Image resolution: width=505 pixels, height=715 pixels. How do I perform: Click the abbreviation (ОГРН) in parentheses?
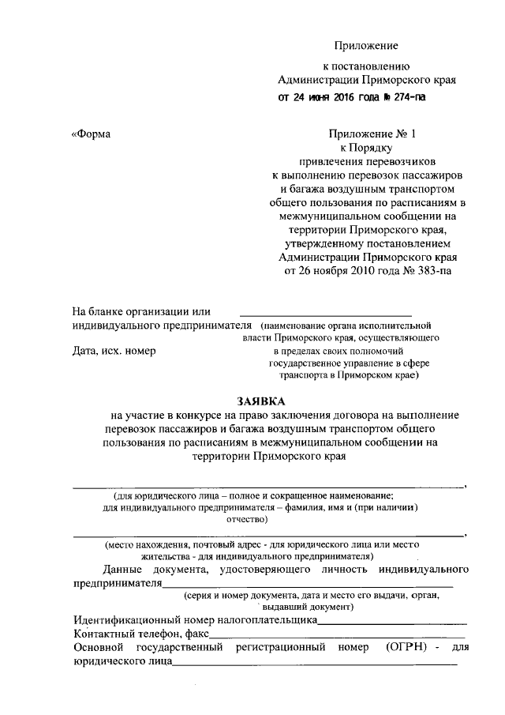(x=408, y=647)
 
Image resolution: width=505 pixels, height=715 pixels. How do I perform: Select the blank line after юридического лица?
(x=316, y=663)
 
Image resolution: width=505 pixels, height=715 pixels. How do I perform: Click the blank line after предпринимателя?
(x=308, y=585)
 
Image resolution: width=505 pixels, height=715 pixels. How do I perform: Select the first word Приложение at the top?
(x=366, y=47)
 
